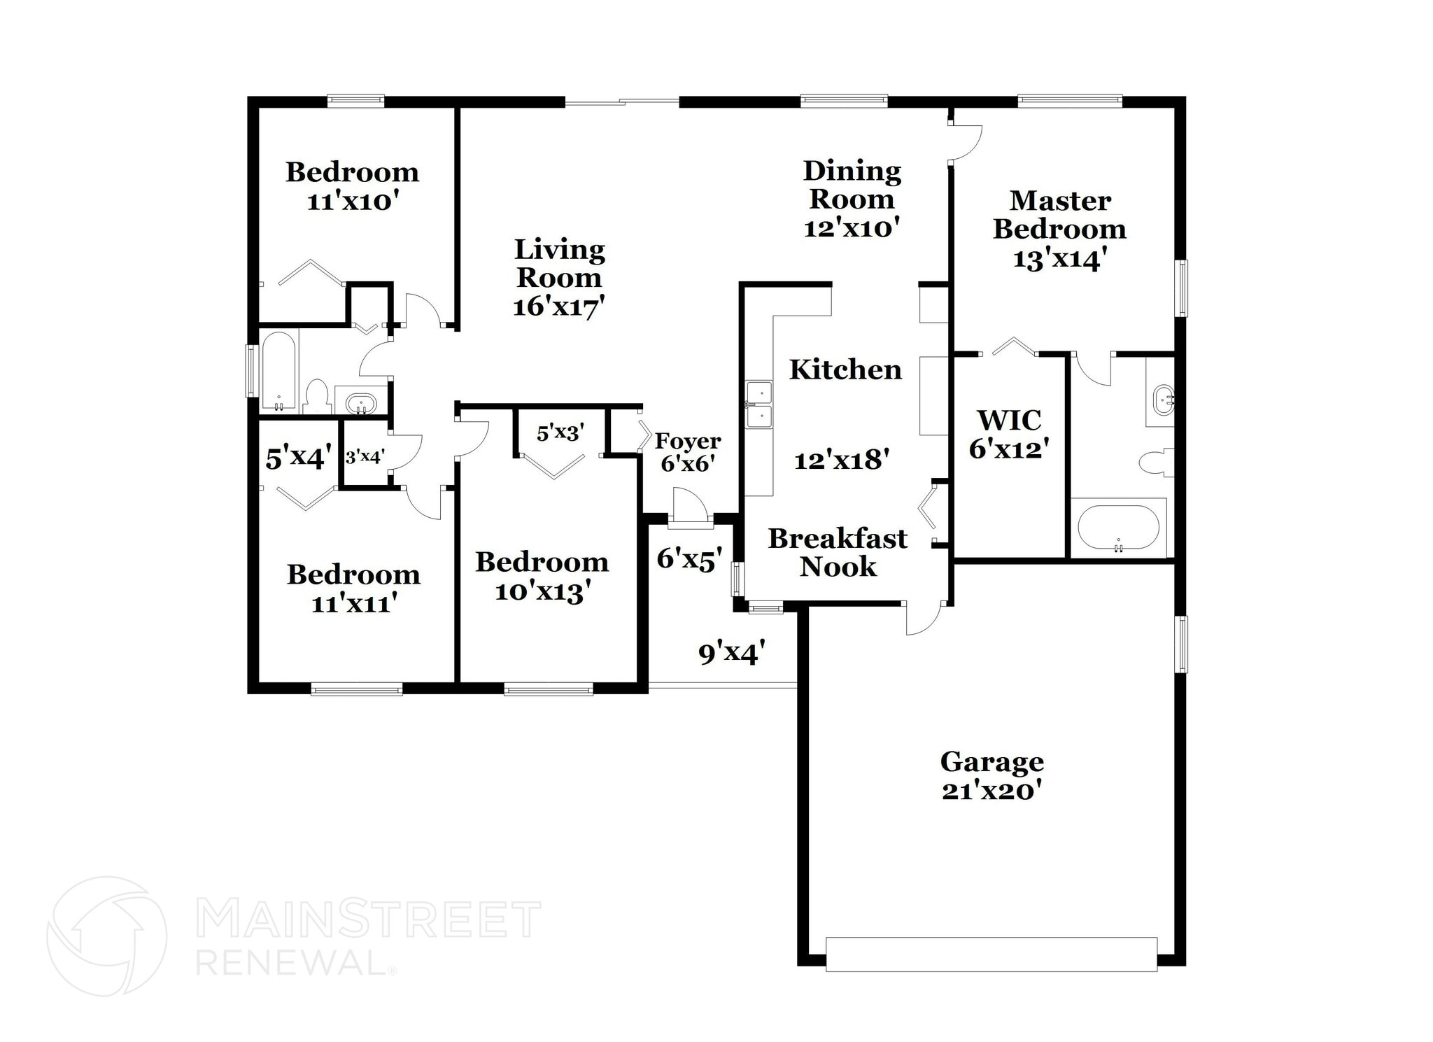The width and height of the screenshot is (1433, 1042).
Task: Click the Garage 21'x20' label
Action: click(991, 775)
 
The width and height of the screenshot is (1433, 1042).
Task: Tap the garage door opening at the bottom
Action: click(991, 954)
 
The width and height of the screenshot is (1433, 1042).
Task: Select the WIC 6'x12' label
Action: click(1009, 434)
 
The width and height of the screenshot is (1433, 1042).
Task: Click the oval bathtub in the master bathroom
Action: click(1117, 528)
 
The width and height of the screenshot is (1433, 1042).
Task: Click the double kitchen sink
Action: click(758, 404)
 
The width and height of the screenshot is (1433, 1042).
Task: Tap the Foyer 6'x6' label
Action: click(687, 451)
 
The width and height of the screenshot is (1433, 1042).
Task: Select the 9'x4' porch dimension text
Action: click(731, 652)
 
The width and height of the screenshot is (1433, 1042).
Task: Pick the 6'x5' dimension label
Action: click(689, 558)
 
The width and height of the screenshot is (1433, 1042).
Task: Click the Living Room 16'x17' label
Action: click(559, 277)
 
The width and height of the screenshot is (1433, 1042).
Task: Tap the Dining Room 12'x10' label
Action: click(852, 199)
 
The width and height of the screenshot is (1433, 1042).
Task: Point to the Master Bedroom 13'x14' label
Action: click(1059, 229)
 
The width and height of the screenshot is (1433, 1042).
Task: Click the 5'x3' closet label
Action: click(560, 433)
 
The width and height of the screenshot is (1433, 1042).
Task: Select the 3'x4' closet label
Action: click(365, 457)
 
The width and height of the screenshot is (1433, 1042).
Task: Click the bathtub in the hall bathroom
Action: click(278, 372)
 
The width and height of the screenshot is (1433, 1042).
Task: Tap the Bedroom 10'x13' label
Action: click(542, 576)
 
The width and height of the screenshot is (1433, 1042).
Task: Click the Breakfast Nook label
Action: click(838, 552)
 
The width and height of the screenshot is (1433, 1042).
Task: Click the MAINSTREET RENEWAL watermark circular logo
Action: click(106, 936)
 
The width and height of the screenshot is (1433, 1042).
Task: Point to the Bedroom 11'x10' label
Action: click(352, 186)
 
